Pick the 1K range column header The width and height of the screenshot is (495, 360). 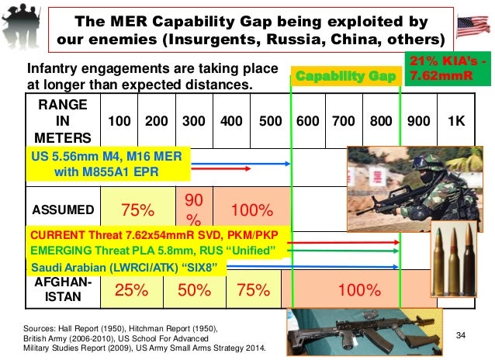[x=457, y=121]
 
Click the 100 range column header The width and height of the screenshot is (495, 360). [x=119, y=121]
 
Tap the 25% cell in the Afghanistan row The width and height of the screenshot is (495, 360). [x=133, y=291]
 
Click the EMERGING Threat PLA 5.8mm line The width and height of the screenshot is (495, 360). [x=152, y=251]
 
